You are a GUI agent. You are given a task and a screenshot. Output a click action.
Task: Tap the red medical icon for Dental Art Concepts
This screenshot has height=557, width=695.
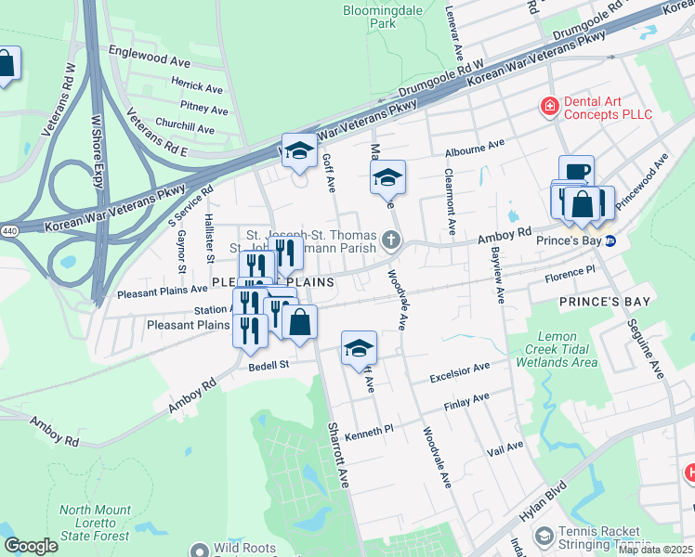point(549,107)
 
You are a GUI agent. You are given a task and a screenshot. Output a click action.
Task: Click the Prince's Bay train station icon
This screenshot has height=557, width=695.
point(610,241)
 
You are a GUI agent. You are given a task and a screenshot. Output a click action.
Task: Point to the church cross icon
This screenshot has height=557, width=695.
point(391,241)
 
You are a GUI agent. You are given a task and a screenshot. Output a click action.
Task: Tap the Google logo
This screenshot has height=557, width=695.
point(31,546)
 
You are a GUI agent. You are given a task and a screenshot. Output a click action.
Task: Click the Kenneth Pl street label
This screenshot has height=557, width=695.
point(370,434)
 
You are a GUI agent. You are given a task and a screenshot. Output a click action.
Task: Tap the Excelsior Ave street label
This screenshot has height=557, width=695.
point(459,373)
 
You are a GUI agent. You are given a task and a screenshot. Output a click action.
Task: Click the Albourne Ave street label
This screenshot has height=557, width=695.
point(474,146)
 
